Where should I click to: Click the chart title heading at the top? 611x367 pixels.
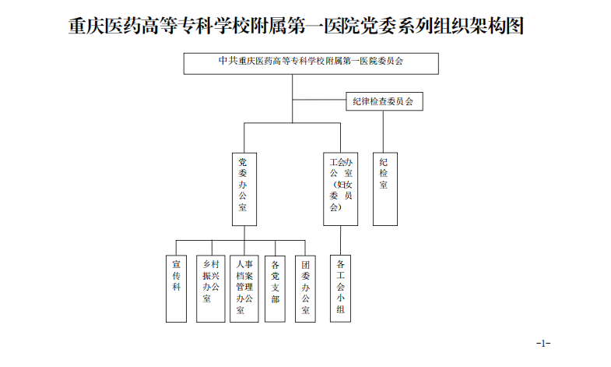click(296, 26)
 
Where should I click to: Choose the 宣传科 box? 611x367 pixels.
click(177, 288)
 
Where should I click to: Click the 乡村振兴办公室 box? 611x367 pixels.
click(207, 288)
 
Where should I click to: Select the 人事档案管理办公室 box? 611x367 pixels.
click(244, 288)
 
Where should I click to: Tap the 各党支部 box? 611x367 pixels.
click(275, 288)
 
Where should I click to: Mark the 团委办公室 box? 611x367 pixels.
click(306, 288)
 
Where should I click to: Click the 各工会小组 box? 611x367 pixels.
click(340, 288)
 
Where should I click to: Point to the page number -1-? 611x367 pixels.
click(543, 343)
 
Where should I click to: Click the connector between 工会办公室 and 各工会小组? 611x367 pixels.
click(340, 241)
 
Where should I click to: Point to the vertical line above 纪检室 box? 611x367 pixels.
click(384, 132)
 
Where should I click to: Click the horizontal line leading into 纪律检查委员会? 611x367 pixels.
click(319, 101)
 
